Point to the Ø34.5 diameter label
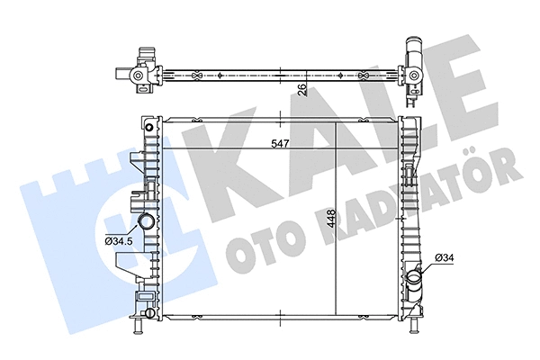(x=120, y=239)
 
